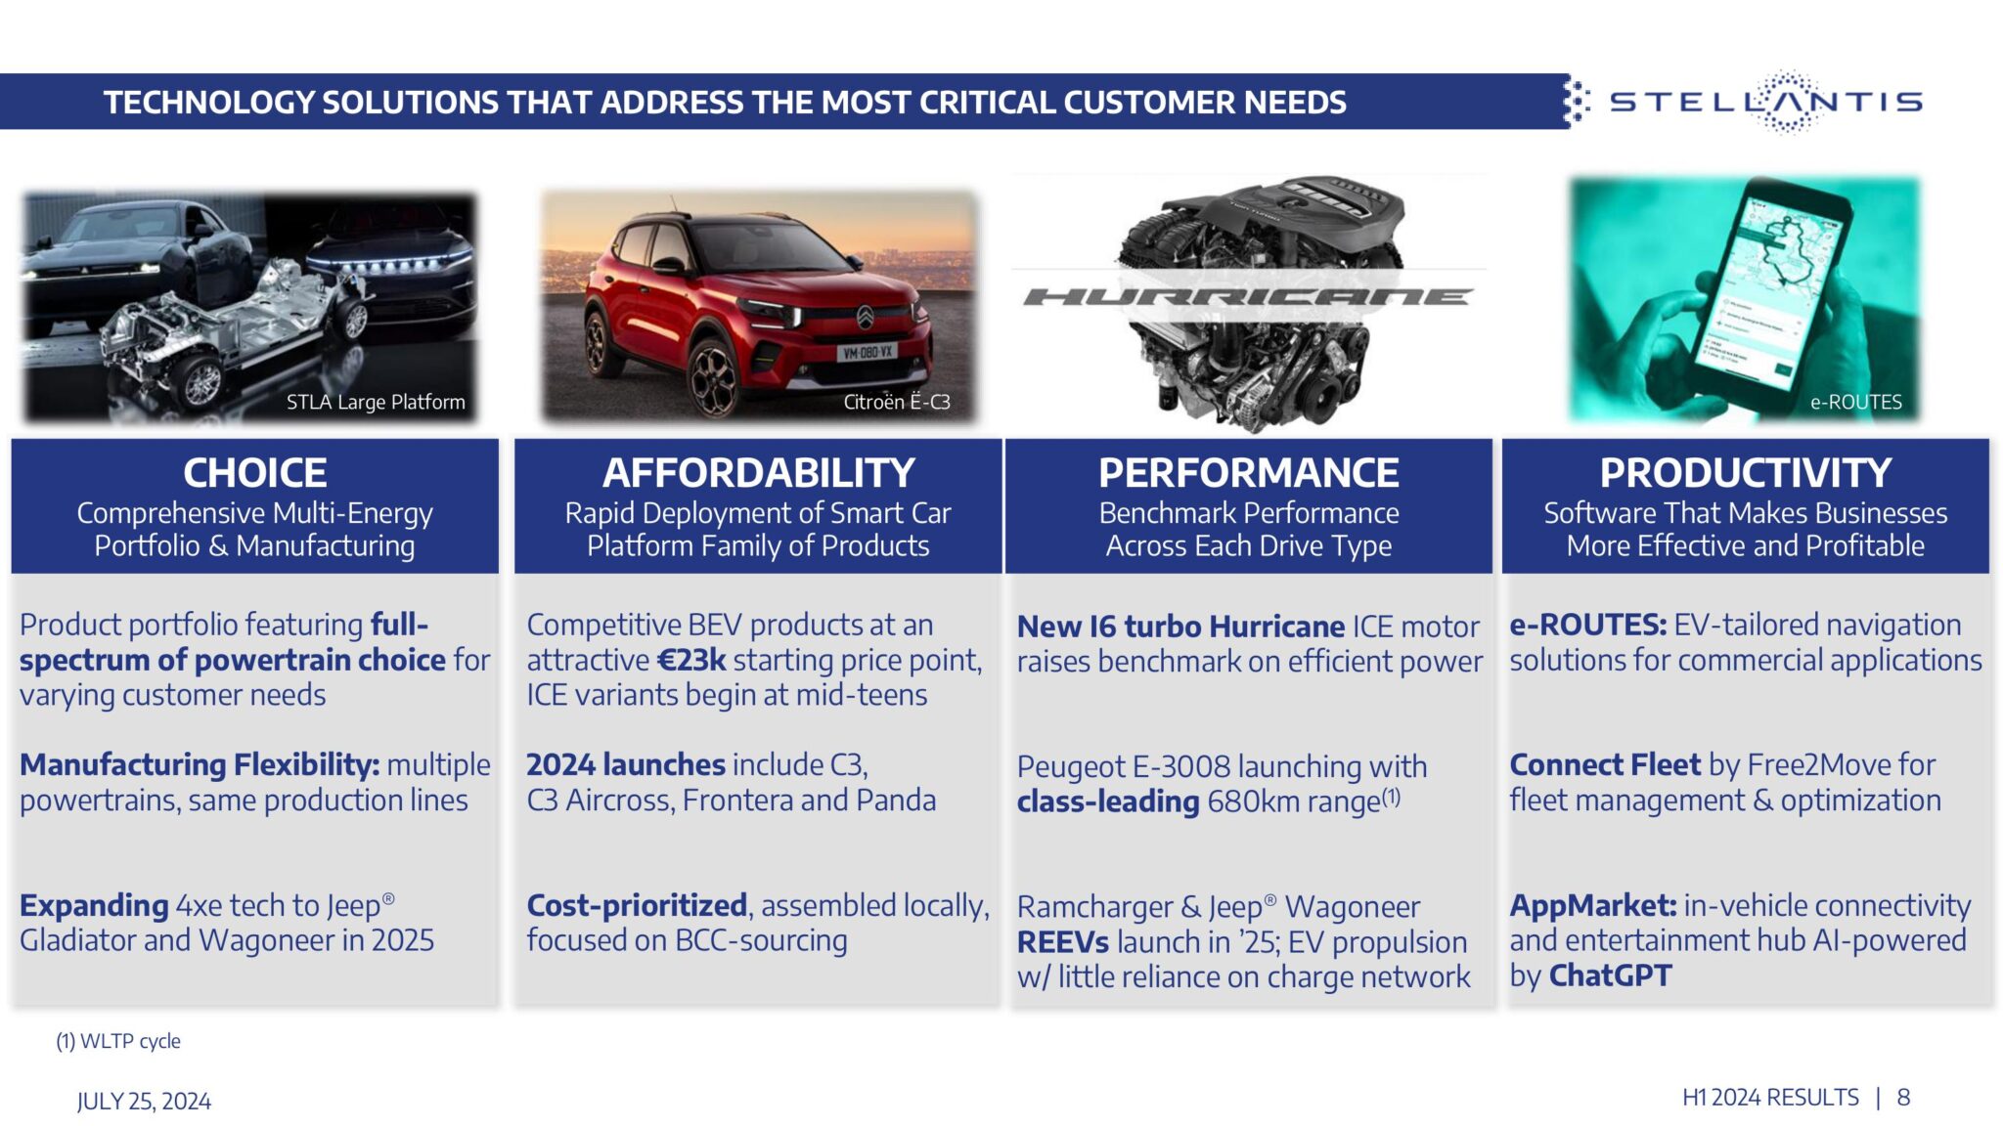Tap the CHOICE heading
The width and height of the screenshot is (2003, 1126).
pos(254,473)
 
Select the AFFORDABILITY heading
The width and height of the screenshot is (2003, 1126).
pos(758,473)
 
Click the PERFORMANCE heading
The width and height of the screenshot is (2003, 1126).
pos(1248,473)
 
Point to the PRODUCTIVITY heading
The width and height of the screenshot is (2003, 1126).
pos(1745,473)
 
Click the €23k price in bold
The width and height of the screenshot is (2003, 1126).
pos(691,661)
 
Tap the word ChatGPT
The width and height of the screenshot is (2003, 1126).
pos(1610,975)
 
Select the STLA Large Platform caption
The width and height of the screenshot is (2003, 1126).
pos(376,402)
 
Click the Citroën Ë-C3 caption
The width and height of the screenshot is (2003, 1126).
pos(896,402)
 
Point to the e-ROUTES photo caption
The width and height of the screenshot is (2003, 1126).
pos(1855,402)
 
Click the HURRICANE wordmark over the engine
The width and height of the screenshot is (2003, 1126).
pos(1248,296)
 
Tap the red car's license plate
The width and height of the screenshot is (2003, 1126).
pos(868,352)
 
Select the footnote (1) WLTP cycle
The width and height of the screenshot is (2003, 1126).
pos(118,1041)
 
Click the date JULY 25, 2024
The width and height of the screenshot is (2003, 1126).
pos(144,1102)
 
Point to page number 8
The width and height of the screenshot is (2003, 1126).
pos(1903,1098)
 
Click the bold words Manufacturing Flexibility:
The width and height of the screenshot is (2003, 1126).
pos(200,764)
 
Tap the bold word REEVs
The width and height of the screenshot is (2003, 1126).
pos(1062,942)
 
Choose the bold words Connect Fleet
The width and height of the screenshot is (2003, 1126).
pos(1605,764)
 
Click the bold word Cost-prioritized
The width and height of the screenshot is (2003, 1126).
pos(637,905)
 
